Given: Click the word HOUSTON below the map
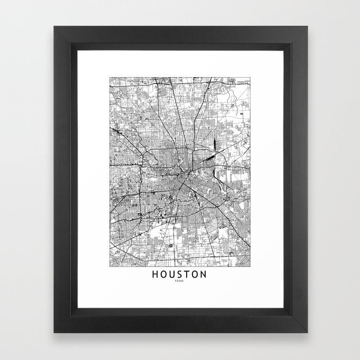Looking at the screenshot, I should tap(179, 274).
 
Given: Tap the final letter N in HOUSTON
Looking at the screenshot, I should tap(204, 274).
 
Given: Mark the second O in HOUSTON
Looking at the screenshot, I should tap(195, 274).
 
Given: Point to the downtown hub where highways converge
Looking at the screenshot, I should tap(181, 180).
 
